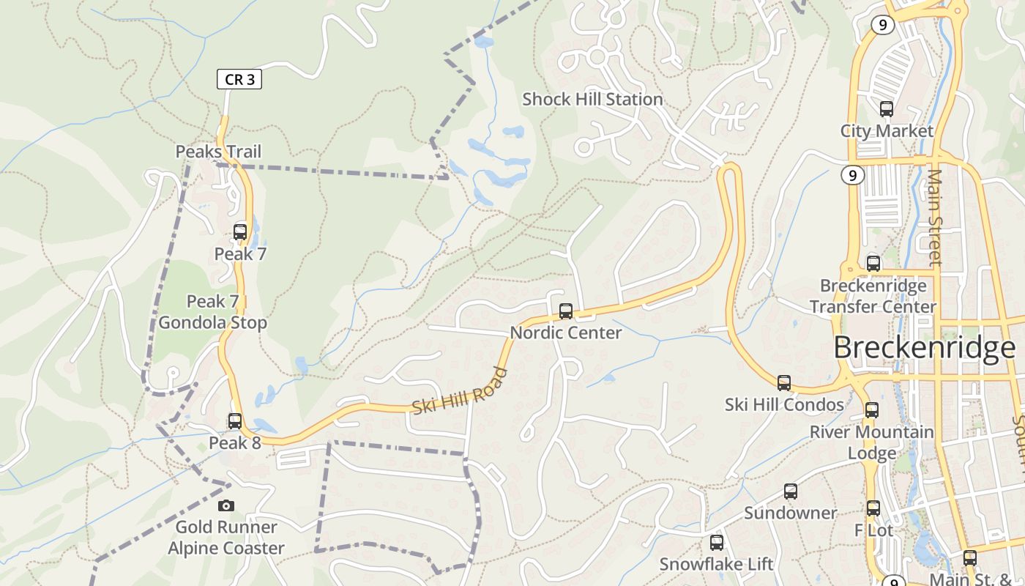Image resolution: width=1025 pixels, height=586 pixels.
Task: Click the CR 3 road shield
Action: pyautogui.click(x=239, y=79)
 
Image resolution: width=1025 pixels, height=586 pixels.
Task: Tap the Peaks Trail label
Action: pyautogui.click(x=218, y=152)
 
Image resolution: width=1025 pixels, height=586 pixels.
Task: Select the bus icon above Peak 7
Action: pyautogui.click(x=240, y=232)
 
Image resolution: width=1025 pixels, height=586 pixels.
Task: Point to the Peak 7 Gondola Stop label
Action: pyautogui.click(x=213, y=312)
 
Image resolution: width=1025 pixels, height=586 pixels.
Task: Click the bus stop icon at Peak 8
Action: pyautogui.click(x=235, y=421)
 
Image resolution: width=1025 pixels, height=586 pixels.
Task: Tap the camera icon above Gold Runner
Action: pyautogui.click(x=226, y=505)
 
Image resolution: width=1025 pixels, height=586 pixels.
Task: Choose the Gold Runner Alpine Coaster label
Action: pyautogui.click(x=226, y=538)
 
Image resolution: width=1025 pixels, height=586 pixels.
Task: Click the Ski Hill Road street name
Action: pyautogui.click(x=460, y=391)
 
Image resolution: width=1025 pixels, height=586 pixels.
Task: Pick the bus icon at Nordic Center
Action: pyautogui.click(x=566, y=311)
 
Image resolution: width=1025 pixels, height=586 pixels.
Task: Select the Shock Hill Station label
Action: pyautogui.click(x=592, y=100)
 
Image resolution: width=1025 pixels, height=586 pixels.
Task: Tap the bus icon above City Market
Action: pyautogui.click(x=887, y=109)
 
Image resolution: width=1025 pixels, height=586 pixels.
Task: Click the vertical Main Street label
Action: pyautogui.click(x=935, y=217)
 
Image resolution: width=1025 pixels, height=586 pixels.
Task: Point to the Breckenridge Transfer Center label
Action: pyautogui.click(x=873, y=296)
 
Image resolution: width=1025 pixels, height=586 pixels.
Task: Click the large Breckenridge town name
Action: pyautogui.click(x=925, y=348)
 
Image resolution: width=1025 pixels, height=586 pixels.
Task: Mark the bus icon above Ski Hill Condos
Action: pyautogui.click(x=784, y=382)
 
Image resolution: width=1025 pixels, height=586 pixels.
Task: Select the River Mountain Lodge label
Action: pyautogui.click(x=871, y=442)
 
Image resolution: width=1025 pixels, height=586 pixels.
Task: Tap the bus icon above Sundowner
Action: pyautogui.click(x=791, y=492)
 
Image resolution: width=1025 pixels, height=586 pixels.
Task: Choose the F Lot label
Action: pyautogui.click(x=874, y=530)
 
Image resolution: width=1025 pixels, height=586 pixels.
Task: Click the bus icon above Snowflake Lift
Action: pyautogui.click(x=717, y=543)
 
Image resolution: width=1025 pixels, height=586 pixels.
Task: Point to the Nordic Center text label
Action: pyautogui.click(x=566, y=333)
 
